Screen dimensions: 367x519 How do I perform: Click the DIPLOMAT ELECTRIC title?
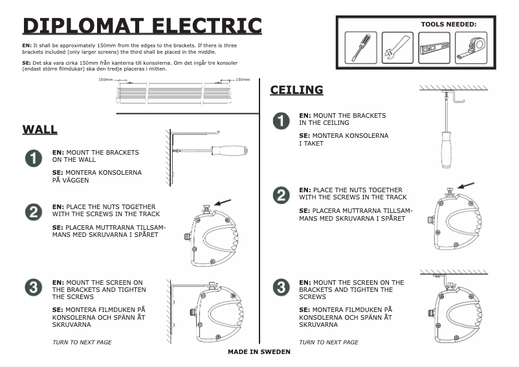coord(142,25)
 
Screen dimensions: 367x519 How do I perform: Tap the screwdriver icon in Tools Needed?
coord(360,47)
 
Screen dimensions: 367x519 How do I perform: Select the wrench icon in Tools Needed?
coord(397,47)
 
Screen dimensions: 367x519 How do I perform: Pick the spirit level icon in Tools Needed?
coord(434,47)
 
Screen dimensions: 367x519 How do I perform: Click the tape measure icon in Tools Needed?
coord(470,47)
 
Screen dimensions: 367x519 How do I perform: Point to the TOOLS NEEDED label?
coord(448,24)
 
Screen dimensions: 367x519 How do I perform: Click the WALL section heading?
coord(40,129)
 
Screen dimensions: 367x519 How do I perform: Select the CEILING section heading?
coord(296,90)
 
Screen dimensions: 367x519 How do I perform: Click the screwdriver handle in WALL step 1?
coord(229,150)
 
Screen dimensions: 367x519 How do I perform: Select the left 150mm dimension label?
coord(105,80)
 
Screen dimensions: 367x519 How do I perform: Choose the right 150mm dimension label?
coord(243,80)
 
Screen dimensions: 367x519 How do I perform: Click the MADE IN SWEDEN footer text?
coord(259,352)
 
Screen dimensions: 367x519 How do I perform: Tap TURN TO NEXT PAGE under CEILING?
coord(328,342)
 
